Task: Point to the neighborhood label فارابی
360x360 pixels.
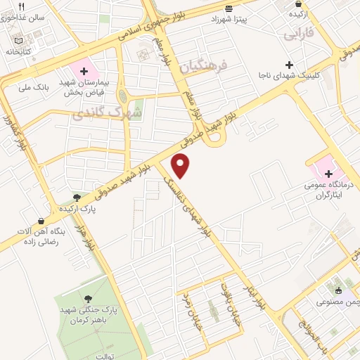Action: [299, 34]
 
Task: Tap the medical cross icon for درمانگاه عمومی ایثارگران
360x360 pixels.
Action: [328, 173]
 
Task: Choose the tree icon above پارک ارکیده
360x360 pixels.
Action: [77, 198]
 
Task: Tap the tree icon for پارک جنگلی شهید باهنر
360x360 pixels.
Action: [88, 300]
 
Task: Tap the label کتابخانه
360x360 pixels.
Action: [19, 51]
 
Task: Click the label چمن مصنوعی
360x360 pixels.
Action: [338, 302]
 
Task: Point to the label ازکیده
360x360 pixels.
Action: [297, 13]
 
